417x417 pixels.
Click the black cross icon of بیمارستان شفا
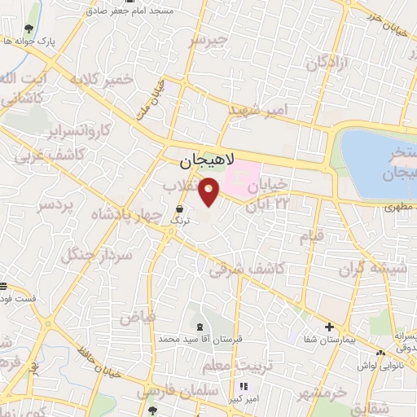[329, 327]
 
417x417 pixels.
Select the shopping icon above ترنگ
[179, 208]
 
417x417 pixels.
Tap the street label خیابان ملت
[153, 94]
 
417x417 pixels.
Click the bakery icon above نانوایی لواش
[381, 352]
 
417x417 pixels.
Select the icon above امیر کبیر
[241, 385]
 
